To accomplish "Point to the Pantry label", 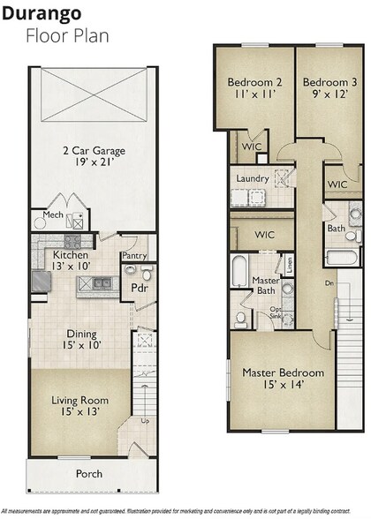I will point(134,256).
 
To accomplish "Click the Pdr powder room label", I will point(139,287).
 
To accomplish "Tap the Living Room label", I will point(79,405).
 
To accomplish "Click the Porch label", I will point(88,474).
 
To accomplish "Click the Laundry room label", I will point(252,178).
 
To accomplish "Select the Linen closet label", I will point(289,263).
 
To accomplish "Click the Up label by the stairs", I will point(145,420).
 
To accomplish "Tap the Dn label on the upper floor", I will point(328,283).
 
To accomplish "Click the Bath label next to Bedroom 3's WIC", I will point(336,228).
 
